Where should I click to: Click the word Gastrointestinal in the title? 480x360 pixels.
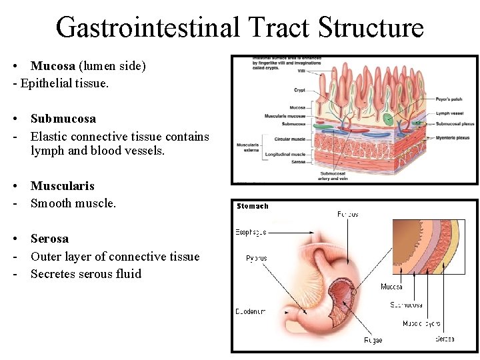(x=147, y=27)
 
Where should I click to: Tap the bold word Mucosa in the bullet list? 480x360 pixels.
(x=53, y=66)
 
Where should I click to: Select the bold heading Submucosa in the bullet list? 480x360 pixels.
(x=63, y=119)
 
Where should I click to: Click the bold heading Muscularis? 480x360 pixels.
(x=63, y=186)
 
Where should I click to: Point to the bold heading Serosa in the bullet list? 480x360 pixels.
(x=49, y=239)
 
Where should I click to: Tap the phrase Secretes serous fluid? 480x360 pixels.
(x=86, y=274)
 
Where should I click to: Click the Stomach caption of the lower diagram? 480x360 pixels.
(x=253, y=207)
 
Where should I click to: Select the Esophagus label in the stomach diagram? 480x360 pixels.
(x=251, y=233)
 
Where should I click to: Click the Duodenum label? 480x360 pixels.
(x=250, y=311)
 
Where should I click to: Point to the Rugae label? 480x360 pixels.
(x=373, y=340)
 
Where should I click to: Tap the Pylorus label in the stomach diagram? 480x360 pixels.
(x=256, y=259)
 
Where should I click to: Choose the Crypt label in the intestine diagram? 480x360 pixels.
(x=299, y=90)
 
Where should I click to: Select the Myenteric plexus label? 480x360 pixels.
(x=453, y=138)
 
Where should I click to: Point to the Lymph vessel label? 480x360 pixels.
(x=447, y=114)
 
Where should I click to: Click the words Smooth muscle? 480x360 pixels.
(x=73, y=204)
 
